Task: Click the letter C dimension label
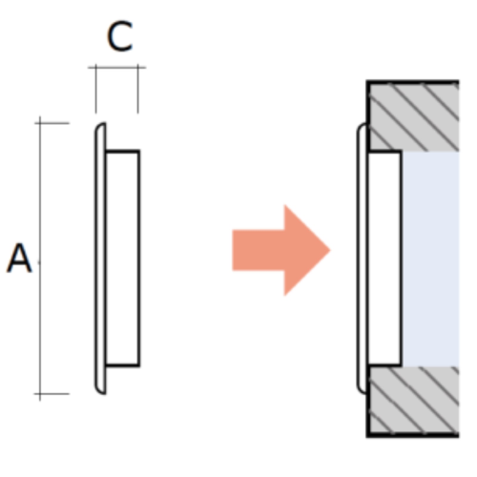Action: (120, 36)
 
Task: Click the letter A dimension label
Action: (19, 258)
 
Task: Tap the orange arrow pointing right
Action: (281, 250)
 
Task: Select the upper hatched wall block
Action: (413, 116)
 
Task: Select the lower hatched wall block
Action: (413, 402)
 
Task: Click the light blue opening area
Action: (430, 259)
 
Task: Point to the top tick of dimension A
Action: (40, 123)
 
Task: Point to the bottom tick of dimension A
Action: (40, 394)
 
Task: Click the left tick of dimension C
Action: (95, 68)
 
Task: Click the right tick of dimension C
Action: (138, 68)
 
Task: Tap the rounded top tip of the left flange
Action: (102, 124)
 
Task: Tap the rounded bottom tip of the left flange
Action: (102, 393)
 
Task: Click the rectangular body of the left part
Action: (123, 259)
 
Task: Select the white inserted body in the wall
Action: (384, 259)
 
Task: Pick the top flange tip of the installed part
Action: (363, 124)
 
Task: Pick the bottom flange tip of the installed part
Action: (363, 393)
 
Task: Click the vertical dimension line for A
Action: (40, 259)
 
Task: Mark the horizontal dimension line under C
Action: (117, 68)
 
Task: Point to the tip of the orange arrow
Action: (330, 250)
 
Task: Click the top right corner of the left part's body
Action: (139, 151)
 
